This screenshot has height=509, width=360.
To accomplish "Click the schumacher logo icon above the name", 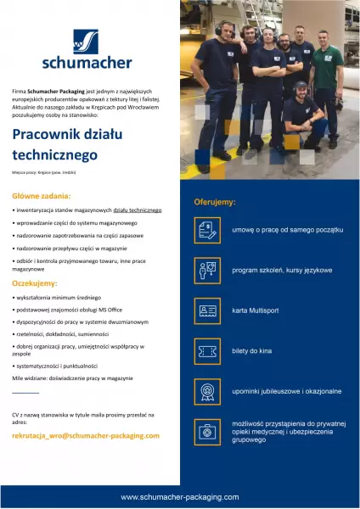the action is [x=85, y=41].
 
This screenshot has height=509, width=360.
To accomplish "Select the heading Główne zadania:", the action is [x=41, y=195].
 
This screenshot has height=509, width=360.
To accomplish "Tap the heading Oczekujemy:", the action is [x=35, y=282].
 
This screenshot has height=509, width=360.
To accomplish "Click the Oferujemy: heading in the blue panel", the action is [x=215, y=203].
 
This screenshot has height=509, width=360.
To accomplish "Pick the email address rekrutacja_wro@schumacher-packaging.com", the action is [x=86, y=435].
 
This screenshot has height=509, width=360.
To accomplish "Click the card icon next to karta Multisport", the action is [x=207, y=310].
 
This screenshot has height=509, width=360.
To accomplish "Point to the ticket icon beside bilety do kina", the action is [x=207, y=351].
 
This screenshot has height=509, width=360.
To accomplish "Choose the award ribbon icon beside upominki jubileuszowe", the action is [x=207, y=391].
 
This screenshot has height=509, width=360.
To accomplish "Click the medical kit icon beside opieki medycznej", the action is [x=207, y=432].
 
